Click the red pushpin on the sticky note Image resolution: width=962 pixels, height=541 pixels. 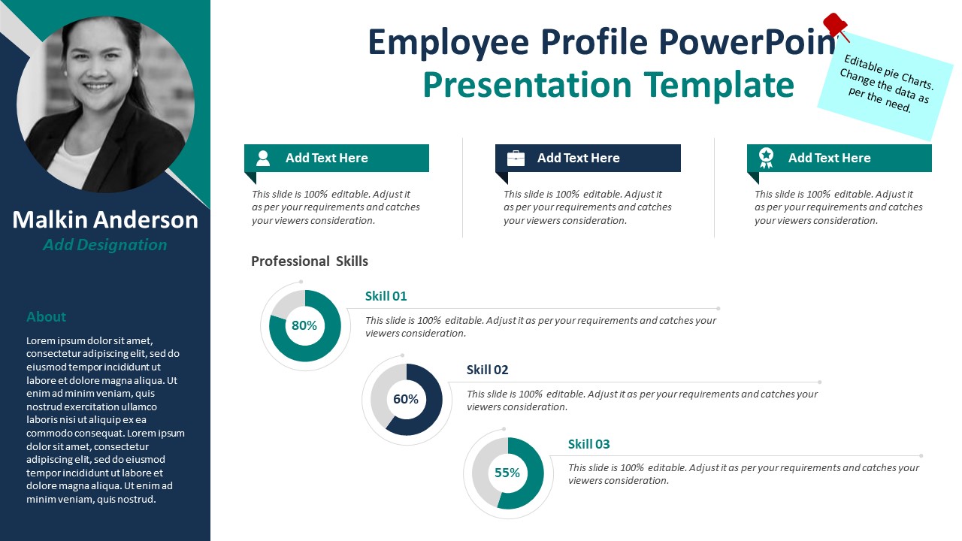point(834,25)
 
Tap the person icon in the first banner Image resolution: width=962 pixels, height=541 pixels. point(263,158)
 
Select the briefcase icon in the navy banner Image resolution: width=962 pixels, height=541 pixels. point(516,158)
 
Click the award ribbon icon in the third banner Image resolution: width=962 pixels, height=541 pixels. point(766,158)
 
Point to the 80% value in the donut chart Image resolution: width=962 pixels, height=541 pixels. point(304,326)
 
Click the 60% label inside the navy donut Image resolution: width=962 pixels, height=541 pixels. point(406,400)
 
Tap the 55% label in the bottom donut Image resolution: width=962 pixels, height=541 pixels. point(507,473)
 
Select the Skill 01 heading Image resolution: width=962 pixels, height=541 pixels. point(386,296)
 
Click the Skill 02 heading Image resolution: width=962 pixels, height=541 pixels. point(487,370)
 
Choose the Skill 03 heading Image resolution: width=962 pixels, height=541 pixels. point(588,444)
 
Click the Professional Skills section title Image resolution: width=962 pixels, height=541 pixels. point(310,261)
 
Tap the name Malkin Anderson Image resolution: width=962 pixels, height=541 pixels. point(105,220)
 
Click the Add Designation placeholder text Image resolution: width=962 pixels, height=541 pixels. point(105,245)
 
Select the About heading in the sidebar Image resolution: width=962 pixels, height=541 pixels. point(46,317)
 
